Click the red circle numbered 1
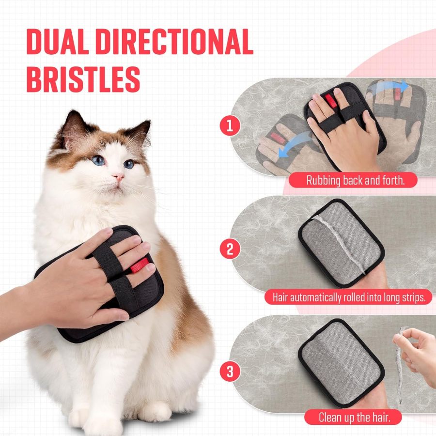[x=230, y=126]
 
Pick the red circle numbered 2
[x=230, y=249]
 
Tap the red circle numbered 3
[x=230, y=372]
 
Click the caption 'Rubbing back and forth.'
[x=355, y=181]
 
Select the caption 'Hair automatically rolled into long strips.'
[x=348, y=297]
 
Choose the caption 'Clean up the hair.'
[x=353, y=417]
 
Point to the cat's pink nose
[x=118, y=177]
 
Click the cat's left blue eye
[x=99, y=160]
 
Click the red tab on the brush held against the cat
[x=140, y=265]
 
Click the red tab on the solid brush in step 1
[x=331, y=100]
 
